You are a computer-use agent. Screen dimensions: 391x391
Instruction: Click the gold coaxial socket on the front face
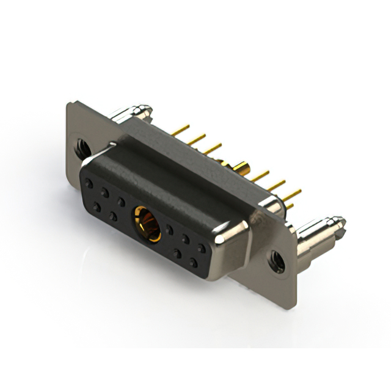[x=147, y=223]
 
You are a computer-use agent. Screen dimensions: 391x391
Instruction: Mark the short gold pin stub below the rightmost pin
[x=289, y=206]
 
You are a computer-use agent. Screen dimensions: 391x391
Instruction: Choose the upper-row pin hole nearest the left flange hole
[x=90, y=183]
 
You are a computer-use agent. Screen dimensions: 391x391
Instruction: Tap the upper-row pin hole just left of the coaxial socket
[x=121, y=201]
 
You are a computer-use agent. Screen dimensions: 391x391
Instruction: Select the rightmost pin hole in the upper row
[x=201, y=248]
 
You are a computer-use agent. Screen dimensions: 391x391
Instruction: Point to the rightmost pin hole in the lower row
[x=193, y=263]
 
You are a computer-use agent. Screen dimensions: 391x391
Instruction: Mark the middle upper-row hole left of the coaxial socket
[x=105, y=192]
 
